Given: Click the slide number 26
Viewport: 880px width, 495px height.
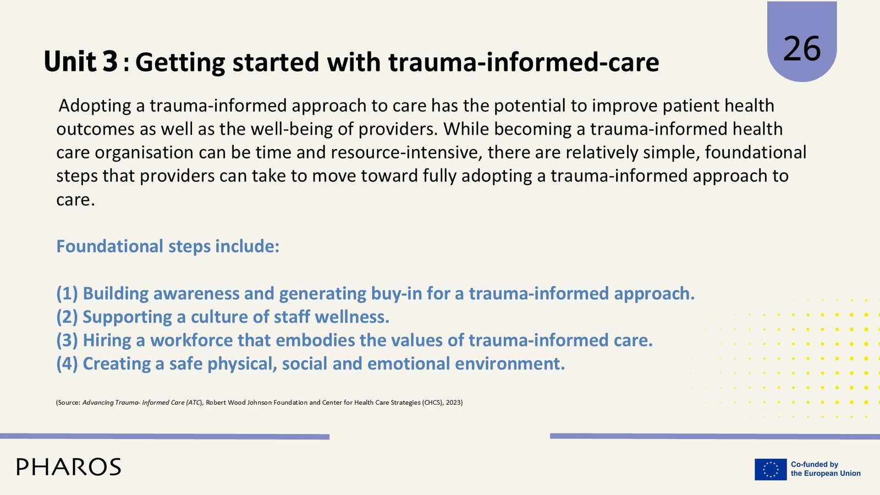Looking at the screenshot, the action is pos(802,49).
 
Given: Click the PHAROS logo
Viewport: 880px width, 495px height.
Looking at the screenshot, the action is pos(69,467).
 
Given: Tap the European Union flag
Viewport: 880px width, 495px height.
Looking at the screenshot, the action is pos(771,469).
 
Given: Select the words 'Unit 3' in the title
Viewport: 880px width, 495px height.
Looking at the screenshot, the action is pos(80,62).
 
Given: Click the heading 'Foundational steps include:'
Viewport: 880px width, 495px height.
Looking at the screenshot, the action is pos(168,246).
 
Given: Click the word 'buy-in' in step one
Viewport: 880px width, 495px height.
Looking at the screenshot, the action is pos(396,294).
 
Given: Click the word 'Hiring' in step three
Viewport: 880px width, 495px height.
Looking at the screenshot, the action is pos(107,340).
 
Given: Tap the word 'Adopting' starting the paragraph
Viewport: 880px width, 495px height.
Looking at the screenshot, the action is pos(95,106).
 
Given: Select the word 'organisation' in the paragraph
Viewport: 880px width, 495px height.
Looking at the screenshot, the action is pos(144,153).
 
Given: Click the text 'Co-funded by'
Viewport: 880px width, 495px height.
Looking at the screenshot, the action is pos(815,464).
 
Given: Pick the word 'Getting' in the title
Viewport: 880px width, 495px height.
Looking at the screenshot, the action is pos(180,63).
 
